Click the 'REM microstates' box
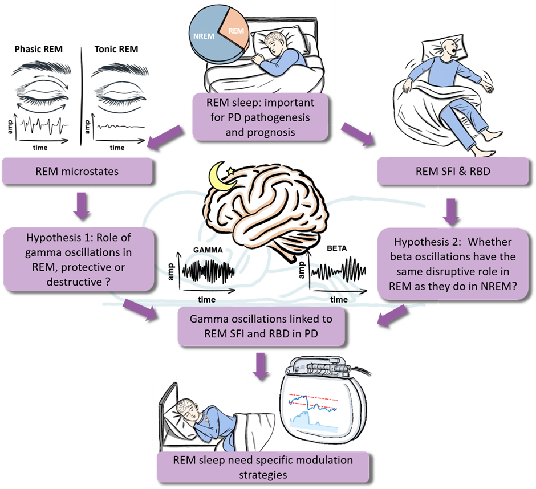77,171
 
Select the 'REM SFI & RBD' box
453,171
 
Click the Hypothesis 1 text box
79,259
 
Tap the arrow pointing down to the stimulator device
261,365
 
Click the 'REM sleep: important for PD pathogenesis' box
261,116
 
